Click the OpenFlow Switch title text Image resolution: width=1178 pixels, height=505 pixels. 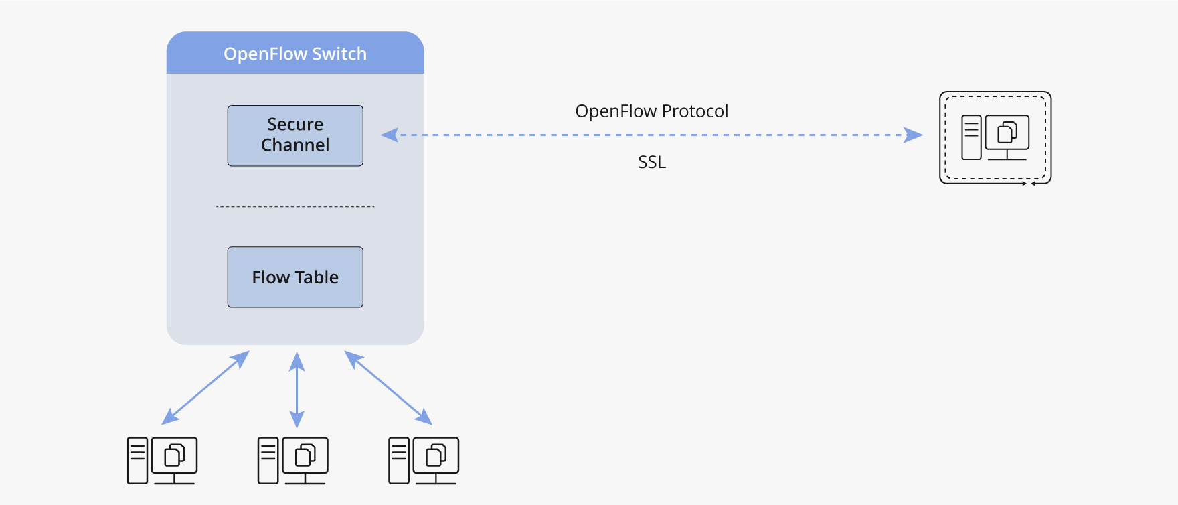tap(295, 54)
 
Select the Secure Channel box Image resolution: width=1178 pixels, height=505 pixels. tap(295, 135)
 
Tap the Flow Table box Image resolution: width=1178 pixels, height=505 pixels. tap(295, 277)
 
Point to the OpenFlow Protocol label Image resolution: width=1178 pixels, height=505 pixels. tap(651, 111)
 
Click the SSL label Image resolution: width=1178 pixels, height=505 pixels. tap(651, 162)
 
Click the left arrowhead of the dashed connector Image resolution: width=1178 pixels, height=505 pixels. tap(390, 135)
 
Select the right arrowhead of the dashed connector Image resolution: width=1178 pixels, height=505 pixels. tap(914, 135)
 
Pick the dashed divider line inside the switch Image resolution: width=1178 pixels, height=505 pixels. tap(295, 207)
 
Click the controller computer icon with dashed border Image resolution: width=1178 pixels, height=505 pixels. tap(995, 137)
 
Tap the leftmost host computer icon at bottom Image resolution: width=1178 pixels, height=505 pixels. tap(162, 460)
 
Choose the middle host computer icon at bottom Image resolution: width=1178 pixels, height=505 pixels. tap(292, 460)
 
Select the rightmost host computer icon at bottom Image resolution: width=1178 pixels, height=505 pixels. tap(424, 460)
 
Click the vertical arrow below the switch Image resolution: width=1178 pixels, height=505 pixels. tap(297, 390)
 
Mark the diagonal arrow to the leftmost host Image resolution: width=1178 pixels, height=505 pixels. tap(205, 388)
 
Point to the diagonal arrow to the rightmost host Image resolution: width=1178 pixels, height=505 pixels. tap(388, 388)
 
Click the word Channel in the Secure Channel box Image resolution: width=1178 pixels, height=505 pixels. tap(295, 145)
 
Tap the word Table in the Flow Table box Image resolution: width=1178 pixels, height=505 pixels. tap(317, 277)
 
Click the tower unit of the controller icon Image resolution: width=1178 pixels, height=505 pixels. tap(971, 137)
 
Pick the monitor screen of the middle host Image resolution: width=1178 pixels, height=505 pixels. tap(305, 455)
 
